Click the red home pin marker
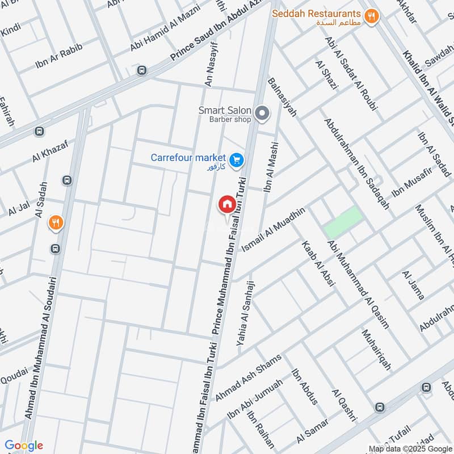[x=226, y=204]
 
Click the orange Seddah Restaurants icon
[x=372, y=16]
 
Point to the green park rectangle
[x=343, y=222]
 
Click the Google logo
[x=24, y=445]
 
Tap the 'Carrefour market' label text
[x=188, y=157]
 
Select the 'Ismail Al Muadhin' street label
[x=273, y=230]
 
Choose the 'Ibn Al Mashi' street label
[x=271, y=166]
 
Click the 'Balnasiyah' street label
[x=282, y=97]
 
